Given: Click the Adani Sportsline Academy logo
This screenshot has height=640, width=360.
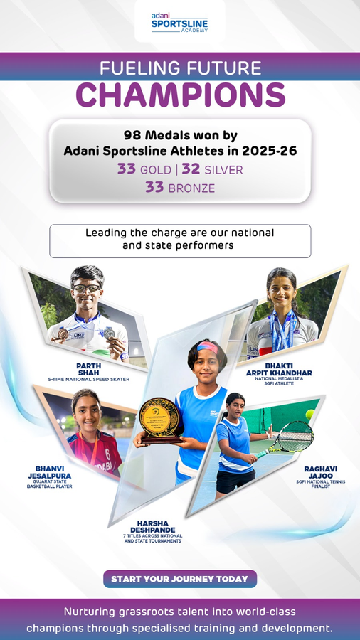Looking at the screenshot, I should click(x=179, y=22).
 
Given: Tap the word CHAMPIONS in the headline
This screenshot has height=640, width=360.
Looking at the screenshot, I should click(x=180, y=95).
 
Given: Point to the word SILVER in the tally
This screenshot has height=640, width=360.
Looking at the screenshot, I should click(x=223, y=170).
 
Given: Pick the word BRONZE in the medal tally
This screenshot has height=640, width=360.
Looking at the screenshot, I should click(x=191, y=188).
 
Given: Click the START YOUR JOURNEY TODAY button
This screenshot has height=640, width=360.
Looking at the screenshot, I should click(x=179, y=579).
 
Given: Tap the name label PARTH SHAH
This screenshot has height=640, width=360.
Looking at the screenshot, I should click(x=88, y=368).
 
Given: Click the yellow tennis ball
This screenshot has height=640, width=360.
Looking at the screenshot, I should click(x=310, y=414).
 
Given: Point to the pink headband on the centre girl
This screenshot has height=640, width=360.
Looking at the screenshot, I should click(x=207, y=348).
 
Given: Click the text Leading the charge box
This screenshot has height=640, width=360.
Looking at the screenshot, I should click(x=179, y=240).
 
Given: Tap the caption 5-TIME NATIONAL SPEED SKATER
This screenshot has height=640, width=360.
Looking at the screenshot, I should click(x=88, y=380).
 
